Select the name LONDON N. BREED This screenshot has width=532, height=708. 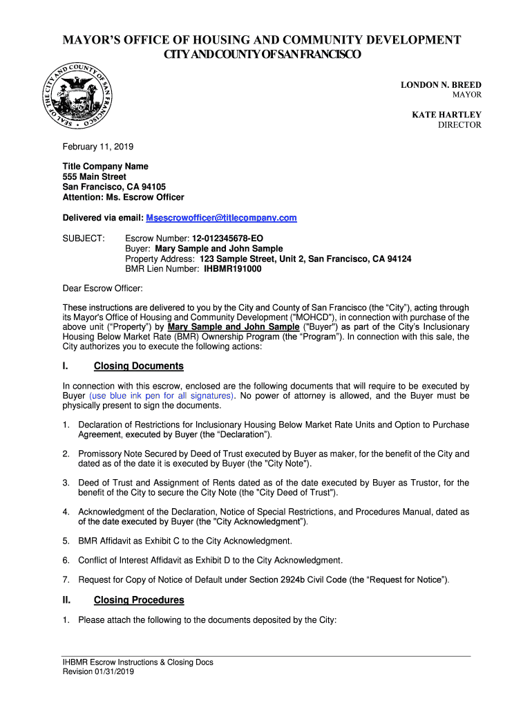(x=441, y=84)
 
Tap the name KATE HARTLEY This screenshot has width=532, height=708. (x=446, y=115)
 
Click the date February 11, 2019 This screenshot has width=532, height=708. (x=98, y=147)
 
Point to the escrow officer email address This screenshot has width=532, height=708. (x=221, y=218)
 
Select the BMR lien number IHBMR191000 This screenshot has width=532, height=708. (x=232, y=268)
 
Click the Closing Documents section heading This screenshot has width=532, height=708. (x=138, y=366)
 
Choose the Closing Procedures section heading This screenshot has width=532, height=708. (x=139, y=600)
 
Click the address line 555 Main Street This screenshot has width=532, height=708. (x=95, y=177)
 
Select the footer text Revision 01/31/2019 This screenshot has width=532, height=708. (x=98, y=671)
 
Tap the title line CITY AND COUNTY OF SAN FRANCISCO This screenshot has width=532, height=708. (x=261, y=55)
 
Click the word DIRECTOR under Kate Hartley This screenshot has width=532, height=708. (x=459, y=125)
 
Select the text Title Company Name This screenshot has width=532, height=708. (x=106, y=167)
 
